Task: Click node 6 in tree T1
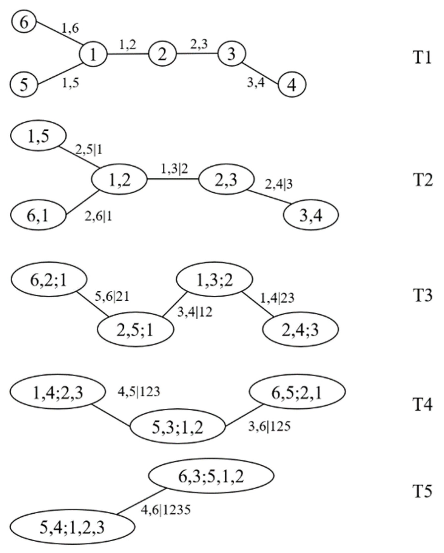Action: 24,23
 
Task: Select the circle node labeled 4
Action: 292,84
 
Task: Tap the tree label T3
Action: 423,295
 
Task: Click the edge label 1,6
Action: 70,28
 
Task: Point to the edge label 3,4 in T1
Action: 256,83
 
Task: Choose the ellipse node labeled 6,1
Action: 38,215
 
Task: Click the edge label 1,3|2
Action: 174,169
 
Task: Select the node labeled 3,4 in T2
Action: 311,215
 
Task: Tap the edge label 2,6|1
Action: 98,217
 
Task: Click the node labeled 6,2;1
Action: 49,279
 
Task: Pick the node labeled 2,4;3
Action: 300,329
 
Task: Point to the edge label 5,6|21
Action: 112,297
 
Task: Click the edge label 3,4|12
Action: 195,312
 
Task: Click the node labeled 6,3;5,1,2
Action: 211,476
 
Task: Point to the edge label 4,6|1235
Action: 166,510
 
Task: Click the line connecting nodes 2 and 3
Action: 197,54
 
